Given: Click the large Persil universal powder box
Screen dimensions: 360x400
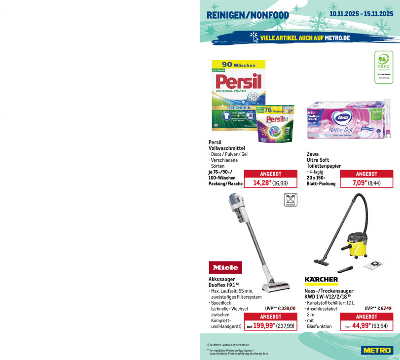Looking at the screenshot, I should pos(238,94).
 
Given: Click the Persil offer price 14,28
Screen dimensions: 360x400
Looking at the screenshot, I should pos(262,183).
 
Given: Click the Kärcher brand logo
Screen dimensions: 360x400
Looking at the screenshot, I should pos(321,280).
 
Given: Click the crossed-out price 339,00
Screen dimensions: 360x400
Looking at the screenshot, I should pos(287,308).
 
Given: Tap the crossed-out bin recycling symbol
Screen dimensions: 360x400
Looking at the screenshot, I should pos(291,200).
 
